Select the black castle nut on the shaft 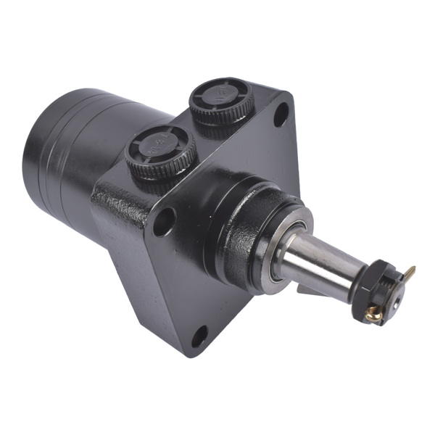click(378, 286)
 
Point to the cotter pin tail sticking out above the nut click(410, 274)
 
